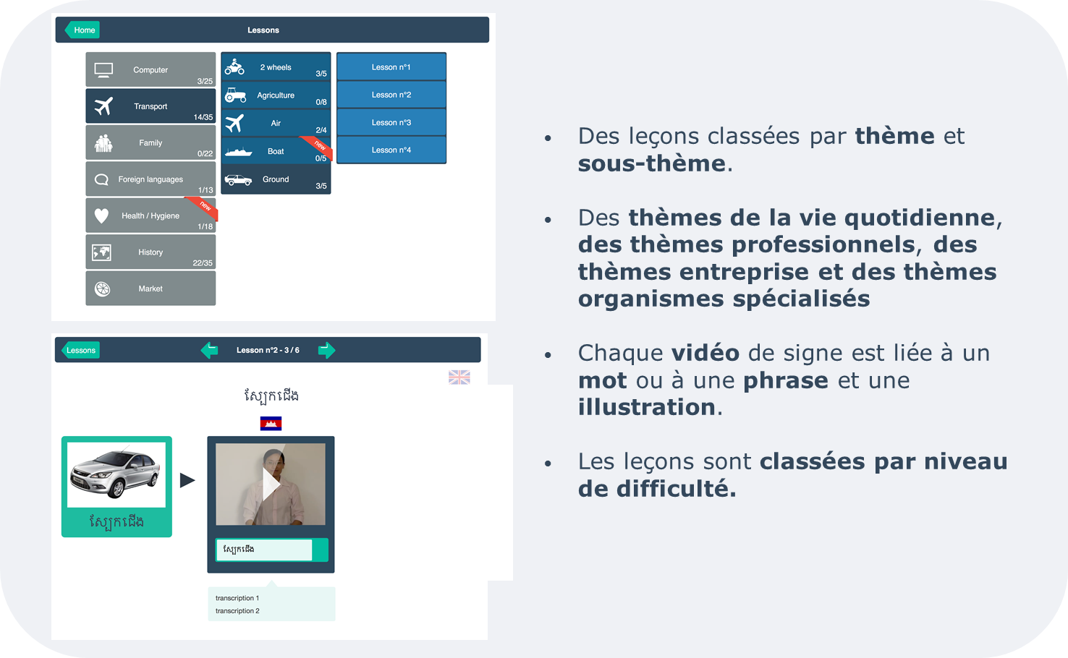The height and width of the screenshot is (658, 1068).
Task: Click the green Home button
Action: (x=82, y=30)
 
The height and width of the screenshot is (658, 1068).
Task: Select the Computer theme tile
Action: (x=151, y=69)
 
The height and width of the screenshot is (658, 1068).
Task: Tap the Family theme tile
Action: (x=151, y=142)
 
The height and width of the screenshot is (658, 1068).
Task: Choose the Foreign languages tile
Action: (x=151, y=179)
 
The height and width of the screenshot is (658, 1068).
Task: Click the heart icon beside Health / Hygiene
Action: (x=101, y=216)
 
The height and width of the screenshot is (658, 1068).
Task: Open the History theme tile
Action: (x=151, y=252)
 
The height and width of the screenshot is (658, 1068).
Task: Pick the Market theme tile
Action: (x=151, y=289)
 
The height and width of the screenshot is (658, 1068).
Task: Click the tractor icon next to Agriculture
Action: (x=236, y=95)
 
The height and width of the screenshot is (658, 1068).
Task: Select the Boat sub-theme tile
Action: (x=276, y=151)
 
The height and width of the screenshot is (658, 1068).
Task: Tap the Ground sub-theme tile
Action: (x=276, y=179)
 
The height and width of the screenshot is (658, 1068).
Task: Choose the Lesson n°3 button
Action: (x=391, y=122)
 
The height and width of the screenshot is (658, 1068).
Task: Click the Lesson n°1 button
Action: (x=391, y=67)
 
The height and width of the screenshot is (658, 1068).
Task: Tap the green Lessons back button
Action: (x=80, y=350)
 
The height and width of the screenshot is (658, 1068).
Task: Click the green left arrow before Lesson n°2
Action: (x=209, y=350)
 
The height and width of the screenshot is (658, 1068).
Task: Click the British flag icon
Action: (x=459, y=377)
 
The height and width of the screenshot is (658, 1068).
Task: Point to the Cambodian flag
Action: (x=271, y=424)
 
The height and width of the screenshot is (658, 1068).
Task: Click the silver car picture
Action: (x=116, y=474)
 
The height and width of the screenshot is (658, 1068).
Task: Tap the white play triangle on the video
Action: (x=271, y=484)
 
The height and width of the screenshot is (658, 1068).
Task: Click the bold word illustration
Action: (x=647, y=407)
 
